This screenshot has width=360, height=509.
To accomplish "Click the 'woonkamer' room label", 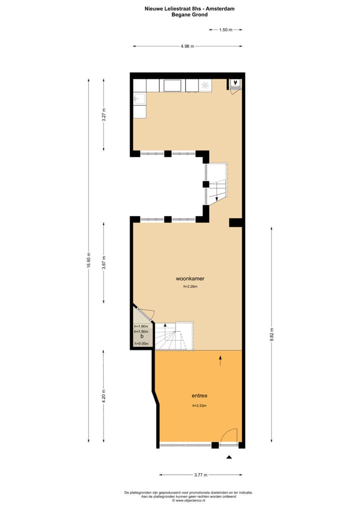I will (189, 278).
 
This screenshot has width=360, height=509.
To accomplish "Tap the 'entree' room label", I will (199, 395).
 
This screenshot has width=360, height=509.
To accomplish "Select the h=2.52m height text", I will (199, 405).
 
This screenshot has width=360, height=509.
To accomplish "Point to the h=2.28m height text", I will (190, 287).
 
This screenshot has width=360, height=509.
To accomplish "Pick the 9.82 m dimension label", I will (271, 333).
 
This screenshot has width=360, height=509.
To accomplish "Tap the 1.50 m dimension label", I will (226, 29).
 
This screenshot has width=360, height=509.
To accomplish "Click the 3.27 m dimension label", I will (103, 114).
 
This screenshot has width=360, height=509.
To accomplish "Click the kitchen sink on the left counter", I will (139, 98).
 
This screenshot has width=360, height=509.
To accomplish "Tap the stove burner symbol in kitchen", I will (205, 85).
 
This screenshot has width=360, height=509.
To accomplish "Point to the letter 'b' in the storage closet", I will (142, 336).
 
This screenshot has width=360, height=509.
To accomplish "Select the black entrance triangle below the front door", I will (229, 457).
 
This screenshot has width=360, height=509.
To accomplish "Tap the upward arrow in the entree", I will (220, 360).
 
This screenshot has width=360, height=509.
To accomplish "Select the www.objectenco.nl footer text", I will (188, 500).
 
